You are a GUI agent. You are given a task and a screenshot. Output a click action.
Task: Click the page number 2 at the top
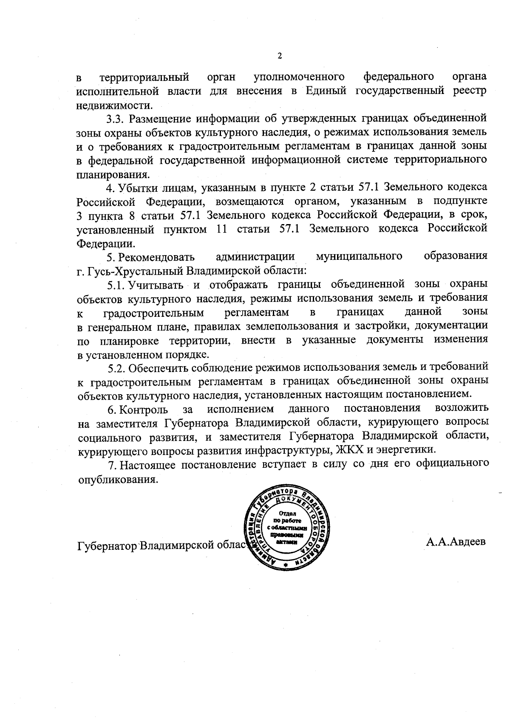[279, 56]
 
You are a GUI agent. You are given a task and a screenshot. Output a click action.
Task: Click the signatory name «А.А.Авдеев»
[456, 542]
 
